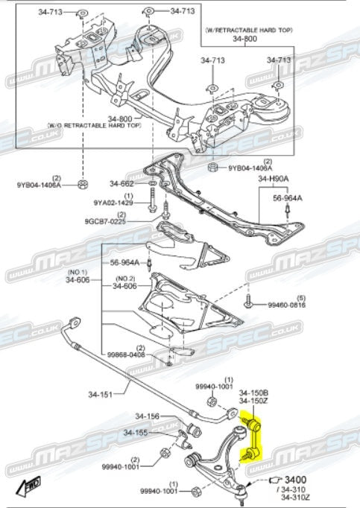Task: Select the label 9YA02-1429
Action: [113, 203]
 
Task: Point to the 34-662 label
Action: [123, 183]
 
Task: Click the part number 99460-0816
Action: [287, 305]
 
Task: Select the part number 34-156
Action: [148, 416]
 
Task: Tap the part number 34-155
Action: [136, 433]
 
